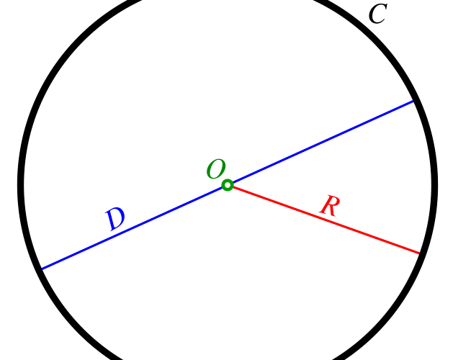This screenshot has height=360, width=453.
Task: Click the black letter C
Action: tap(377, 14)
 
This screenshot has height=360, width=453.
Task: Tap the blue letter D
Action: tap(115, 219)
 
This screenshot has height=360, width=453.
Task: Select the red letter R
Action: tap(329, 206)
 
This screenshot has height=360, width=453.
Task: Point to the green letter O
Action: tap(215, 170)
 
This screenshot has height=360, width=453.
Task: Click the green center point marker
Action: tap(228, 186)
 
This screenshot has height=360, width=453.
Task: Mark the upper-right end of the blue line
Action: tap(414, 101)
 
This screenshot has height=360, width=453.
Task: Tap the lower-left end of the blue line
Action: tap(41, 269)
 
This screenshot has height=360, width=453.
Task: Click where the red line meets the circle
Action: tap(420, 253)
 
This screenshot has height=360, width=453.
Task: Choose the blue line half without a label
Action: tap(320, 143)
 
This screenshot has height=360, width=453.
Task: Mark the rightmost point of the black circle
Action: tap(434, 186)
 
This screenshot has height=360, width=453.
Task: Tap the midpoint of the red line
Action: tap(324, 220)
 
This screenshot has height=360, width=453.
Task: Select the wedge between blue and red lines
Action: tap(360, 180)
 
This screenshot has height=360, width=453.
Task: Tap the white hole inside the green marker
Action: tap(228, 186)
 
